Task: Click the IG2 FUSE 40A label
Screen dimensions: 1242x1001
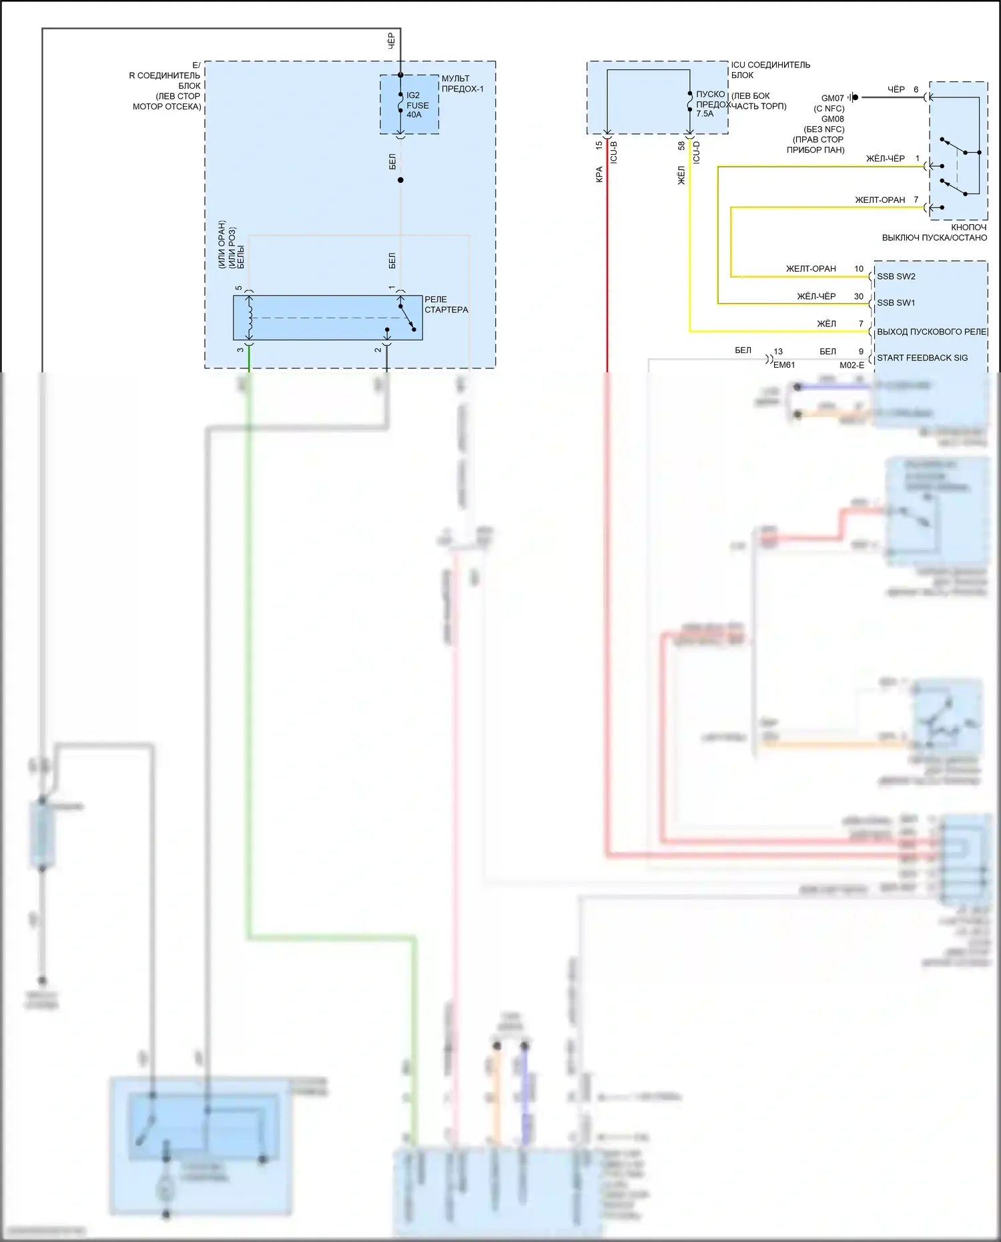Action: pos(417,105)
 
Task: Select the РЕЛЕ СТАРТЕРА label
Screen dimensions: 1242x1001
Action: pos(446,304)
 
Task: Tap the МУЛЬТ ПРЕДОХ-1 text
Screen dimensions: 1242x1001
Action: pos(462,83)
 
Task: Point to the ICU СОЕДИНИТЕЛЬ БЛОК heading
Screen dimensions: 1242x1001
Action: pos(770,69)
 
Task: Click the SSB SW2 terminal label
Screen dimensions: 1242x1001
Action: pos(896,276)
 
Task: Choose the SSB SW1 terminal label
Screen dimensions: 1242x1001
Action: pos(896,303)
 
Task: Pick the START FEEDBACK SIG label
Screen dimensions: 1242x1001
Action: pos(922,358)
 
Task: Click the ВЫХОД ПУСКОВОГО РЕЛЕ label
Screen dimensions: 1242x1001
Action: pos(932,332)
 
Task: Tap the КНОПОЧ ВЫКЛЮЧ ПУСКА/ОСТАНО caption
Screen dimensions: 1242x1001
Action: pos(934,232)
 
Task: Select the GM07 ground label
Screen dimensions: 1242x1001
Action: pos(832,98)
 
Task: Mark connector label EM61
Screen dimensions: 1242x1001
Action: pos(784,365)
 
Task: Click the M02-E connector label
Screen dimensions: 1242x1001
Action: pos(852,365)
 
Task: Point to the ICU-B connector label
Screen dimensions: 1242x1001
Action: pos(614,152)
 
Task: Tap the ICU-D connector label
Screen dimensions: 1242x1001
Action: pos(697,152)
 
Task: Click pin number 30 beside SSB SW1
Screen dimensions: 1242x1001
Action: pos(858,296)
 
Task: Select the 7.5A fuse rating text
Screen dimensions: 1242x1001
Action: pos(705,113)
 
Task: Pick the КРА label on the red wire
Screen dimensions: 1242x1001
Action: pos(599,174)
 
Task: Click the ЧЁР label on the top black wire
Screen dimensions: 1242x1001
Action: pos(392,40)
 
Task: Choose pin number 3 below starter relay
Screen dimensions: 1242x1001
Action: pos(240,350)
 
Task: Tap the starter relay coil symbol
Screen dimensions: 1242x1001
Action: pos(250,317)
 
